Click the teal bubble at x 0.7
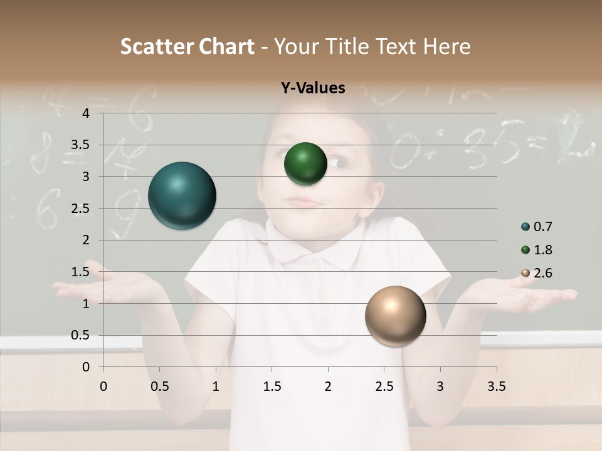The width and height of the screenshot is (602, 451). tap(182, 195)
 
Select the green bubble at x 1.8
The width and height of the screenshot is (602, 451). tap(305, 163)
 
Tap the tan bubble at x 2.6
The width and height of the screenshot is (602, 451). tap(395, 316)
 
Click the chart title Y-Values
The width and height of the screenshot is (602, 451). tap(313, 88)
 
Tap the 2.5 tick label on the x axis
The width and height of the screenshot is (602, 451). tap(384, 386)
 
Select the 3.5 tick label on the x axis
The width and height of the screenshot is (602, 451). tap(496, 386)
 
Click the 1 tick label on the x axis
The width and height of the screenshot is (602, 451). tap(216, 386)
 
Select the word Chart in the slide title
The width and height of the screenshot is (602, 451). tap(228, 46)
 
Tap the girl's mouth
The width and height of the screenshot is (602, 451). tap(306, 203)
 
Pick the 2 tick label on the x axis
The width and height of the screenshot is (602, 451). tap(328, 386)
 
